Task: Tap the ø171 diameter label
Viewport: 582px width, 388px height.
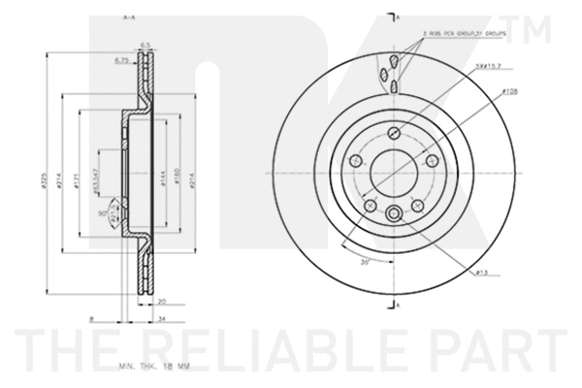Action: click(76, 185)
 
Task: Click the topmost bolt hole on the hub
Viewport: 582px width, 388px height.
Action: click(394, 133)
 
